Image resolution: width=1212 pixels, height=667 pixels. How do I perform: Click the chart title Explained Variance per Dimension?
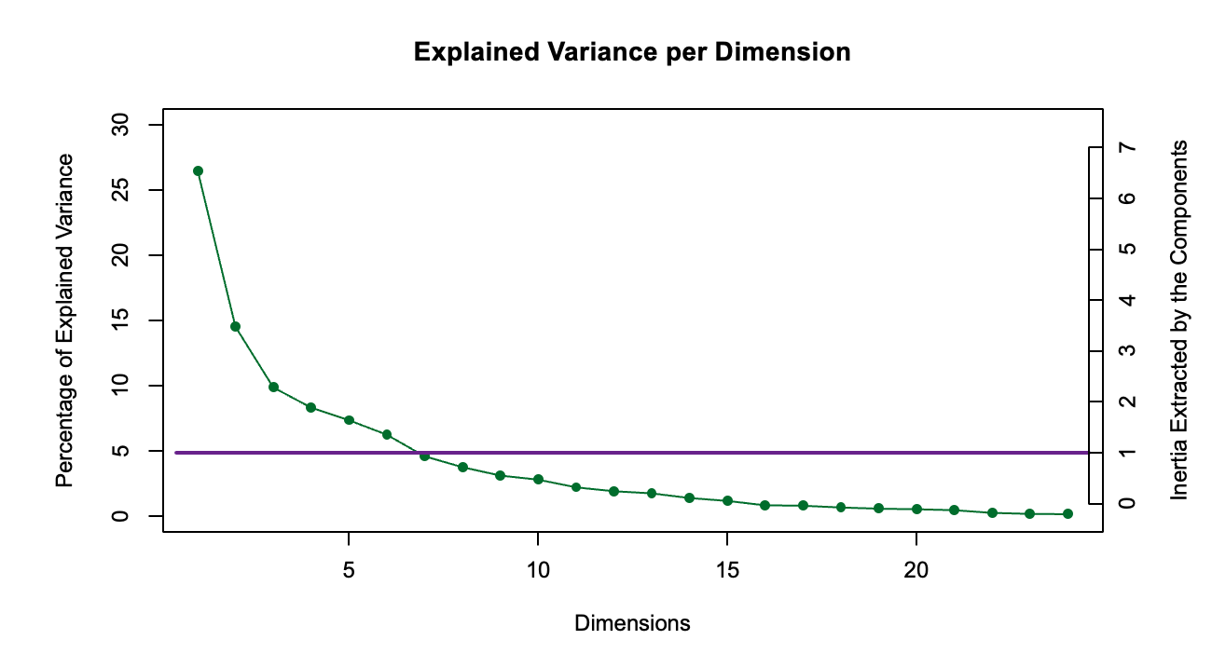pos(632,52)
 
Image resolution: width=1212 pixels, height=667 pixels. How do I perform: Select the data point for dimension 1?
pos(198,170)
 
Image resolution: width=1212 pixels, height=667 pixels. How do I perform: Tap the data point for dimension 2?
pos(235,326)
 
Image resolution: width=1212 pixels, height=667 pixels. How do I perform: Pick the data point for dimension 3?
pos(273,387)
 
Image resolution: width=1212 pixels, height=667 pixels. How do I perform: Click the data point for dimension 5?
pos(349,420)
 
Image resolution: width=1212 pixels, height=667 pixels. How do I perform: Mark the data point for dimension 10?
pos(538,479)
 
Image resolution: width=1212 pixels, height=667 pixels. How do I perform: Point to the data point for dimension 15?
pos(727,500)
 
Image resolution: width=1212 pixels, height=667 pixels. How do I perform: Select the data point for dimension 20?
pos(916,509)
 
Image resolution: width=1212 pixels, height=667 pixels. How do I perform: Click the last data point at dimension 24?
pos(1067,513)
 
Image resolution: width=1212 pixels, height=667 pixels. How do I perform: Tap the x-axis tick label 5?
pos(349,568)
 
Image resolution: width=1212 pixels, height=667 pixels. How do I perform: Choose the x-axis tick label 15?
pos(727,568)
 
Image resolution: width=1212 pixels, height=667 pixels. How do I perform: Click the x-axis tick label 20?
pos(916,568)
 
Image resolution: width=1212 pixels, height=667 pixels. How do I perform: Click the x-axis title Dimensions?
pos(632,623)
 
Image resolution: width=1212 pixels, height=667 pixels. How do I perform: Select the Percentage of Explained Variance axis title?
pos(64,320)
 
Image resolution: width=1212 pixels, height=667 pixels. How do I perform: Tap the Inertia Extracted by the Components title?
pos(1179,320)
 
